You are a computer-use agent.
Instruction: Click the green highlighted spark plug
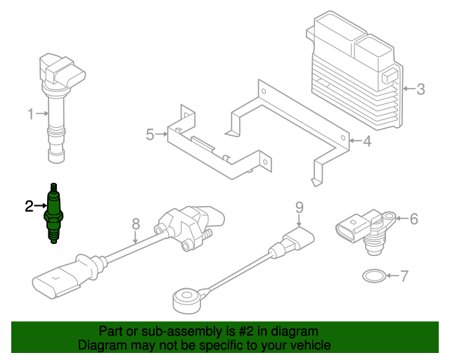coord(53,214)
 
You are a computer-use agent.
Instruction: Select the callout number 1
coord(31,114)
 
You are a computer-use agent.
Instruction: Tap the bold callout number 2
coord(29,207)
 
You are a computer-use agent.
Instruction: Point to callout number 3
coord(420,89)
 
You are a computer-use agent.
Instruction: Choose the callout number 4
coord(367,141)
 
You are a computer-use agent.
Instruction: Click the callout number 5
coord(150,134)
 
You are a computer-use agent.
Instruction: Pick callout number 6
coord(414,219)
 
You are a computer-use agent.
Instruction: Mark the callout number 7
coord(404,276)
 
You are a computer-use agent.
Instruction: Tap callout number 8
coord(136,224)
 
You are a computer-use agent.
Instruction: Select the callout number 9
coord(300,207)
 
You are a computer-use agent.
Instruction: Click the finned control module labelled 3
coord(355,71)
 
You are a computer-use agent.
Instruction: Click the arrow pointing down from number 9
coord(300,221)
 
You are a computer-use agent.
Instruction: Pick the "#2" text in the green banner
coord(246,332)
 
